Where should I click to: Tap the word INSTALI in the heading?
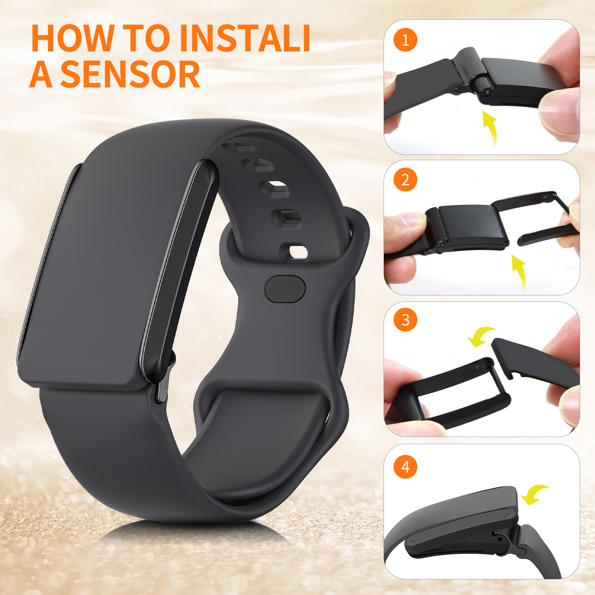pyautogui.click(x=245, y=38)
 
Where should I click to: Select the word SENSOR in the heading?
pyautogui.click(x=130, y=75)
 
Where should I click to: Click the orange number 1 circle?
pyautogui.click(x=405, y=40)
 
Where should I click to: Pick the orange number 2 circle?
pyautogui.click(x=405, y=180)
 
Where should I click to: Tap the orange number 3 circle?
pyautogui.click(x=405, y=320)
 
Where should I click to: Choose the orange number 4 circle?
pyautogui.click(x=405, y=466)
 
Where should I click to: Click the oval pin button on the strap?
pyautogui.click(x=285, y=288)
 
